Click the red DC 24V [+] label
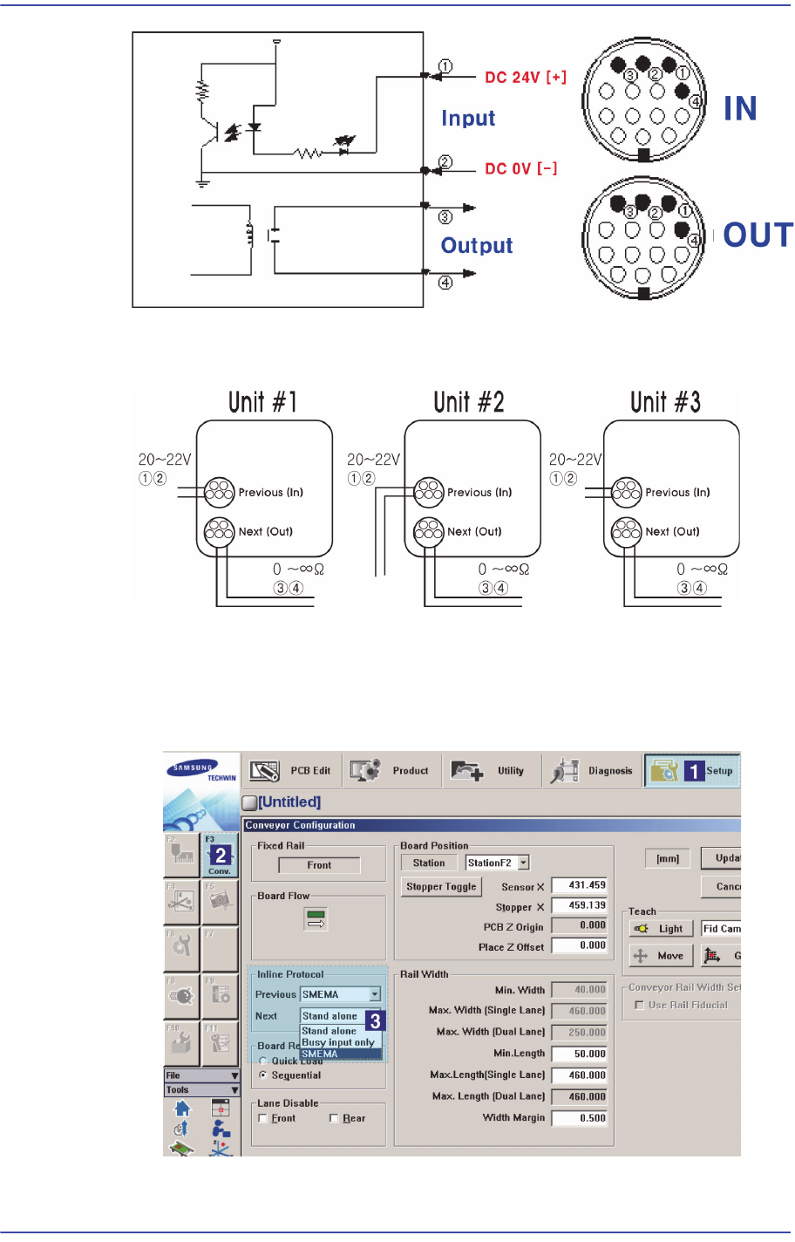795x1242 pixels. coord(525,78)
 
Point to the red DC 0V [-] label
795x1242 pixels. coord(520,168)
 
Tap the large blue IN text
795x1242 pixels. coord(740,109)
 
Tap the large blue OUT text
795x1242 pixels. coord(758,235)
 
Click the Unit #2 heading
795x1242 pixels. coord(469,402)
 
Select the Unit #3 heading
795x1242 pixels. coord(665,402)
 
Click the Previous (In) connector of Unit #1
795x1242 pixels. coord(220,493)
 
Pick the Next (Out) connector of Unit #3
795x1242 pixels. coord(627,531)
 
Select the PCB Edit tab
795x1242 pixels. coord(291,771)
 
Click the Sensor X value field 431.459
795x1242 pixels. coord(580,885)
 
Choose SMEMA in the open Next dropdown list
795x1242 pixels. coord(320,1054)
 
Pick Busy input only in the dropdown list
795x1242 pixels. coord(338,1042)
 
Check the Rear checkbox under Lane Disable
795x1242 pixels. coord(334,1118)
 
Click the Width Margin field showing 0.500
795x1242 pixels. coord(580,1118)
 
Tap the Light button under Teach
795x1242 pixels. coord(661,929)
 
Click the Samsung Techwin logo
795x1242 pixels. coord(201,771)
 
